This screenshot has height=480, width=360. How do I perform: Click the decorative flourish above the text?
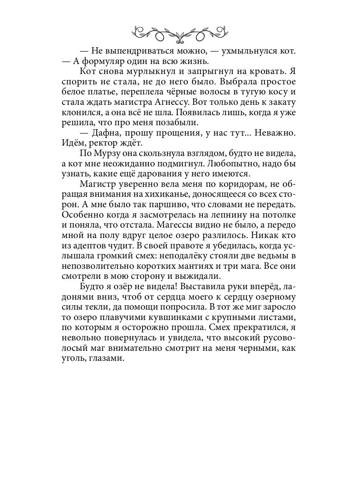[x=180, y=32]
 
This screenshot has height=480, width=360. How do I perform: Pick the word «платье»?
[x=101, y=92]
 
